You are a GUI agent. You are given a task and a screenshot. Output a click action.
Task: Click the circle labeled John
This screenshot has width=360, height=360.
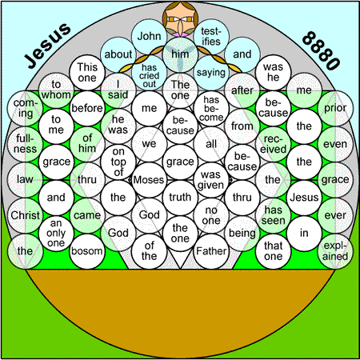pos(149,37)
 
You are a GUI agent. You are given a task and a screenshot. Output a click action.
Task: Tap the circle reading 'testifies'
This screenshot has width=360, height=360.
pos(211,37)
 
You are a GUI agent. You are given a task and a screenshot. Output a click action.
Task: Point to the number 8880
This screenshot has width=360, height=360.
pos(321,50)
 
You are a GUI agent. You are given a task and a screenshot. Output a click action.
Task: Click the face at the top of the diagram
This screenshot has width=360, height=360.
pos(180,18)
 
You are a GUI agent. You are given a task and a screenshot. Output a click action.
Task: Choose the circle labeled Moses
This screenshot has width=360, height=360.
pos(149,180)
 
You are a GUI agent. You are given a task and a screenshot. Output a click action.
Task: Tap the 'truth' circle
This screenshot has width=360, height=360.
pos(180,198)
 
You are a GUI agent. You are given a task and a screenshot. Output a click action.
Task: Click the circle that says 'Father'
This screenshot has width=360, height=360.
pos(211,251)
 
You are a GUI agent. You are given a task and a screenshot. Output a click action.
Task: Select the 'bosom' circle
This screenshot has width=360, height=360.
pos(87,251)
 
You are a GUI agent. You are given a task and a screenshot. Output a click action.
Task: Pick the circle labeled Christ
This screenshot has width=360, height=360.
pos(25,215)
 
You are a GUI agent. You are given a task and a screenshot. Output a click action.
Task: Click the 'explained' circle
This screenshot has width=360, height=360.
pos(335,251)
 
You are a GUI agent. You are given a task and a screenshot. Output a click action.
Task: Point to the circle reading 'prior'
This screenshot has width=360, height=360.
pos(335,108)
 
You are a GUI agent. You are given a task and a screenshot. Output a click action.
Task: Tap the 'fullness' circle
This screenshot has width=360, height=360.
pos(25,144)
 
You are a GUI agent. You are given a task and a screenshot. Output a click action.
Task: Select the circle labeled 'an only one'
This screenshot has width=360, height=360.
pos(56,234)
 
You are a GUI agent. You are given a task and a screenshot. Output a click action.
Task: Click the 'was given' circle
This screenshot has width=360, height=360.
pos(211,180)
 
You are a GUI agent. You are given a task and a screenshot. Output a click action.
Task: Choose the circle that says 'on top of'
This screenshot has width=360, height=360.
pos(118,162)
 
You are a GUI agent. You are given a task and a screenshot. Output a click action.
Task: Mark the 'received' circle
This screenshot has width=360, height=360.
pos(273,144)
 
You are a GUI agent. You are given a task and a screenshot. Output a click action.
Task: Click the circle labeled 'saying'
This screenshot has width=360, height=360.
pos(211,73)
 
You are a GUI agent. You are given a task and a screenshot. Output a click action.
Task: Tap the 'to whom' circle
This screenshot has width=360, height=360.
pos(56,90)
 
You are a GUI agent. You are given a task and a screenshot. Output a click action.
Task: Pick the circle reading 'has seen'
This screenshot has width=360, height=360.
pos(273,215)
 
